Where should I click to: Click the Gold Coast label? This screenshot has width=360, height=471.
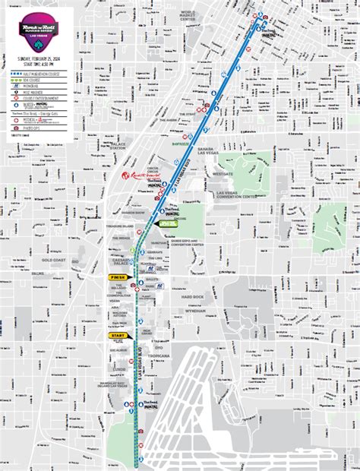(x=56, y=260)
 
